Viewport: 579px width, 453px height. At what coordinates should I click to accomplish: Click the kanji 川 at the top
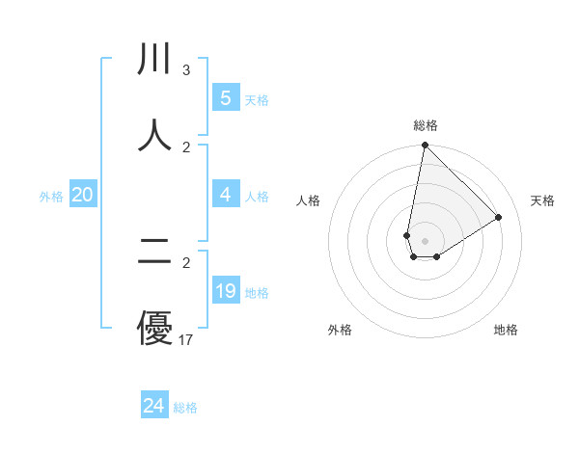coord(155,60)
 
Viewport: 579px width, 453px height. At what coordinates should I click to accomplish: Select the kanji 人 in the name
coord(155,135)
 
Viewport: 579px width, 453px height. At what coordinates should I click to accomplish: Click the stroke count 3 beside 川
coord(185,70)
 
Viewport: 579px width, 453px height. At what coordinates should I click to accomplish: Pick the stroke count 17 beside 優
coord(186,339)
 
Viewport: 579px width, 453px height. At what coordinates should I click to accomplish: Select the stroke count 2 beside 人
coord(185,147)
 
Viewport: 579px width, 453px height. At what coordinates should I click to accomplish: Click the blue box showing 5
coord(225,98)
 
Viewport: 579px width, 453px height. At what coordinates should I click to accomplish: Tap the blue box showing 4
coord(225,195)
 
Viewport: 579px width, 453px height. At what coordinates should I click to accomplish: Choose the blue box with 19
coord(225,291)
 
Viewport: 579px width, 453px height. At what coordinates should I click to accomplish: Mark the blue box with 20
coord(82,195)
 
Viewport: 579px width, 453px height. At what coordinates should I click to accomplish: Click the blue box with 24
coord(153,406)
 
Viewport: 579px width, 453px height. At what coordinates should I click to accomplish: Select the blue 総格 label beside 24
coord(185,408)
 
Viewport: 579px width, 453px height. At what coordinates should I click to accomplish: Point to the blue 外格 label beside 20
coord(51,197)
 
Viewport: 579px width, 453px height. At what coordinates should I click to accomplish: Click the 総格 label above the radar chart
coord(426,125)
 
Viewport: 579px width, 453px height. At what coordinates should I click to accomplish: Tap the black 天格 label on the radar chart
coord(543,200)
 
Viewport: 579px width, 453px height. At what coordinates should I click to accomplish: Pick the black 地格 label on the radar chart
coord(506,330)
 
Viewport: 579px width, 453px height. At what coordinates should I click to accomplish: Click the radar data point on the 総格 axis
coord(425,146)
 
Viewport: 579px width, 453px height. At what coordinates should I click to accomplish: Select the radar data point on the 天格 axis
coord(499,217)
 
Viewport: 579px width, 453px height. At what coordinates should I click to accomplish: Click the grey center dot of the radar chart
coord(425,241)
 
